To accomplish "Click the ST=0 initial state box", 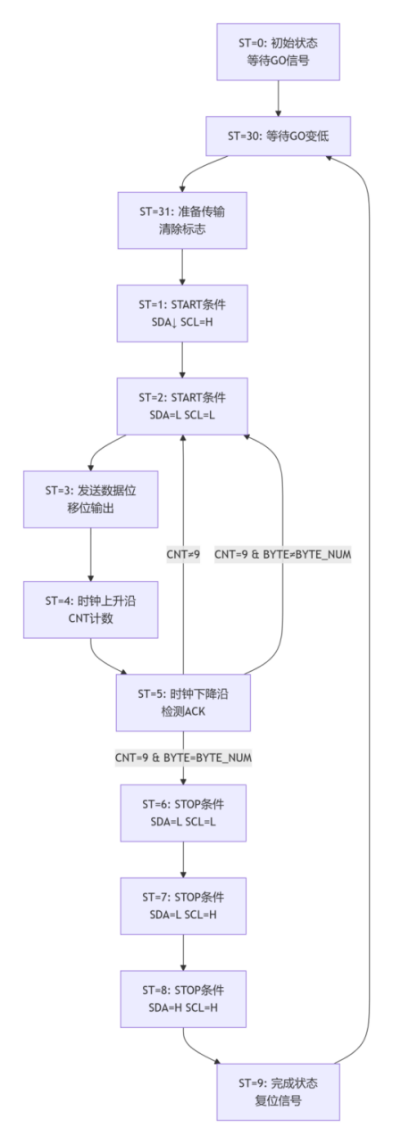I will click(x=278, y=53).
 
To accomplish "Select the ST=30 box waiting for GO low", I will click(x=278, y=137).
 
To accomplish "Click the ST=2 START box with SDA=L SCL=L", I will click(x=182, y=407).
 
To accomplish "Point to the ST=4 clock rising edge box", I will click(x=90, y=610).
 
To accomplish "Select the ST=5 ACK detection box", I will click(x=182, y=701).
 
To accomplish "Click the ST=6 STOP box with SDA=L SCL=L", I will click(x=182, y=812).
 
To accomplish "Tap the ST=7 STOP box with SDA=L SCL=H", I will click(x=182, y=905).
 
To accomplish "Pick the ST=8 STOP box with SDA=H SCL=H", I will click(x=182, y=999).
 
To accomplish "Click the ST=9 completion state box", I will click(x=278, y=1090).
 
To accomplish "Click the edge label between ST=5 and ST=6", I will click(x=182, y=757).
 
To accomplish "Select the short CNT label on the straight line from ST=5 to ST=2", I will click(x=182, y=554).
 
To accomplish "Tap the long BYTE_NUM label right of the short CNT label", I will click(x=283, y=554).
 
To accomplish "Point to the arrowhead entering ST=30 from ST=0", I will click(x=278, y=112).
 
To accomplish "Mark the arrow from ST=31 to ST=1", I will click(x=182, y=268).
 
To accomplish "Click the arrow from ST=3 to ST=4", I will click(x=90, y=555).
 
